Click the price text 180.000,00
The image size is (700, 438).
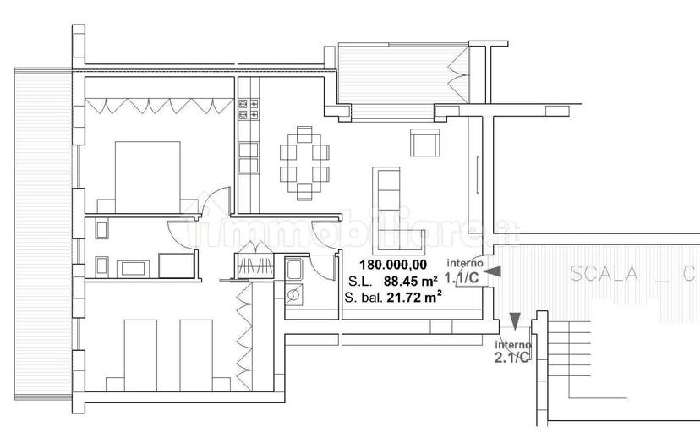point(393,265)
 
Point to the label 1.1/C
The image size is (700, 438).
point(462,278)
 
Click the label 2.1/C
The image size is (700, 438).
point(511,357)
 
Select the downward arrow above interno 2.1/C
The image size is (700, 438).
point(515,321)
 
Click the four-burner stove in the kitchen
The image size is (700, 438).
point(249,109)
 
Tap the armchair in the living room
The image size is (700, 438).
point(424,142)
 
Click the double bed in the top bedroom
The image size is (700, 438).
point(148,177)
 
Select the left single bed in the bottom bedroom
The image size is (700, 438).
point(140,355)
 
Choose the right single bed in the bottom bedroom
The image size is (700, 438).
point(196,355)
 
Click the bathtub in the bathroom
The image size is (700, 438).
point(177,266)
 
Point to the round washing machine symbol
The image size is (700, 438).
point(293,295)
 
